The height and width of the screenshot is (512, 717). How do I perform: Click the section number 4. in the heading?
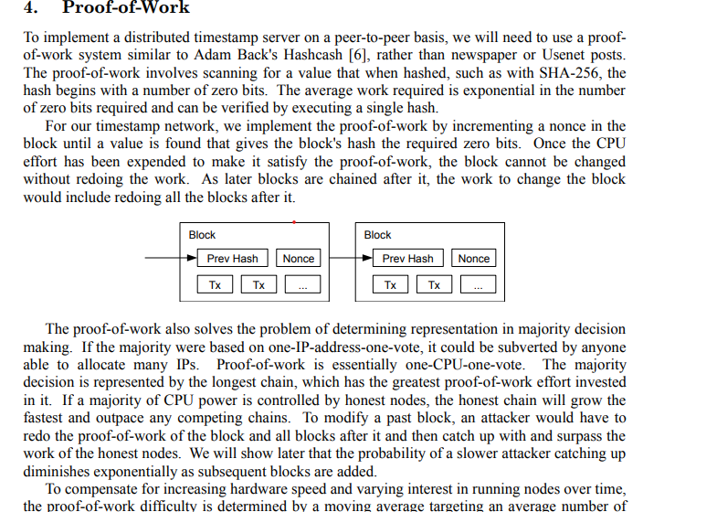click(x=31, y=7)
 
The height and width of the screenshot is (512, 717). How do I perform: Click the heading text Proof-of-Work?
click(x=126, y=7)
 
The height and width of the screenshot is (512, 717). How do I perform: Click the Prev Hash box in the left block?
click(x=232, y=258)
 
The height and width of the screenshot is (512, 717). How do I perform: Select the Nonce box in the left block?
click(x=298, y=258)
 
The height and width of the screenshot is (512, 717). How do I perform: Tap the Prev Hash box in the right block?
click(x=408, y=258)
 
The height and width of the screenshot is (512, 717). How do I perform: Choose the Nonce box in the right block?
click(x=474, y=258)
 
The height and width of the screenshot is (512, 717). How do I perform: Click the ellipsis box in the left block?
click(x=302, y=284)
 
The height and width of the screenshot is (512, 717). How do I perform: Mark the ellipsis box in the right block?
click(x=479, y=284)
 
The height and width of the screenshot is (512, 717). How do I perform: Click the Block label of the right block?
click(x=377, y=235)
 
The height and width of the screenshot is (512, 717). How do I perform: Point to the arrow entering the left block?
click(x=171, y=258)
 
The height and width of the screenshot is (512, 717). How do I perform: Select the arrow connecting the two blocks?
click(x=351, y=258)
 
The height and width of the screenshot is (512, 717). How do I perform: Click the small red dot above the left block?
click(x=294, y=222)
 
